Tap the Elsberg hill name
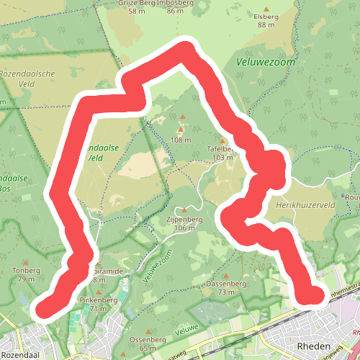266,16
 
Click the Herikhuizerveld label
306,205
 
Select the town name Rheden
313,346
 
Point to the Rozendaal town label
20,354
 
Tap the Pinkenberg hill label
98,300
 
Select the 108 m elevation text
181,140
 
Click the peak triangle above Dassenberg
227,276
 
